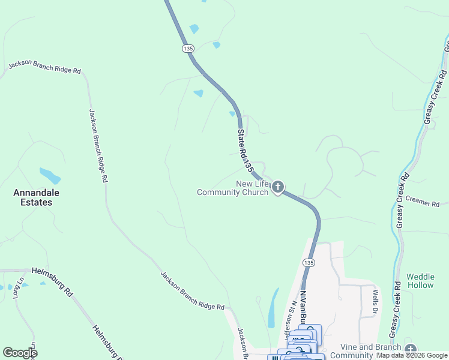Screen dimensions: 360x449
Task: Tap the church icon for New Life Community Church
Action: click(x=277, y=188)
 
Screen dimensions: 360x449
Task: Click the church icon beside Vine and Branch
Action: click(x=410, y=349)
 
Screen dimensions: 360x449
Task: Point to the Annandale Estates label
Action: click(x=33, y=197)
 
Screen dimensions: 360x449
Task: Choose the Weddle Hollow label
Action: click(x=420, y=281)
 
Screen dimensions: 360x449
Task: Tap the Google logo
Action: click(x=20, y=353)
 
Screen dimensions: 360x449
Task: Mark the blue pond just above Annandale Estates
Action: click(x=50, y=176)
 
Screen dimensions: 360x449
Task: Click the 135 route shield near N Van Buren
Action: click(x=308, y=263)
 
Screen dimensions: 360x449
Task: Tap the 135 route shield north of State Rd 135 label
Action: click(x=188, y=48)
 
